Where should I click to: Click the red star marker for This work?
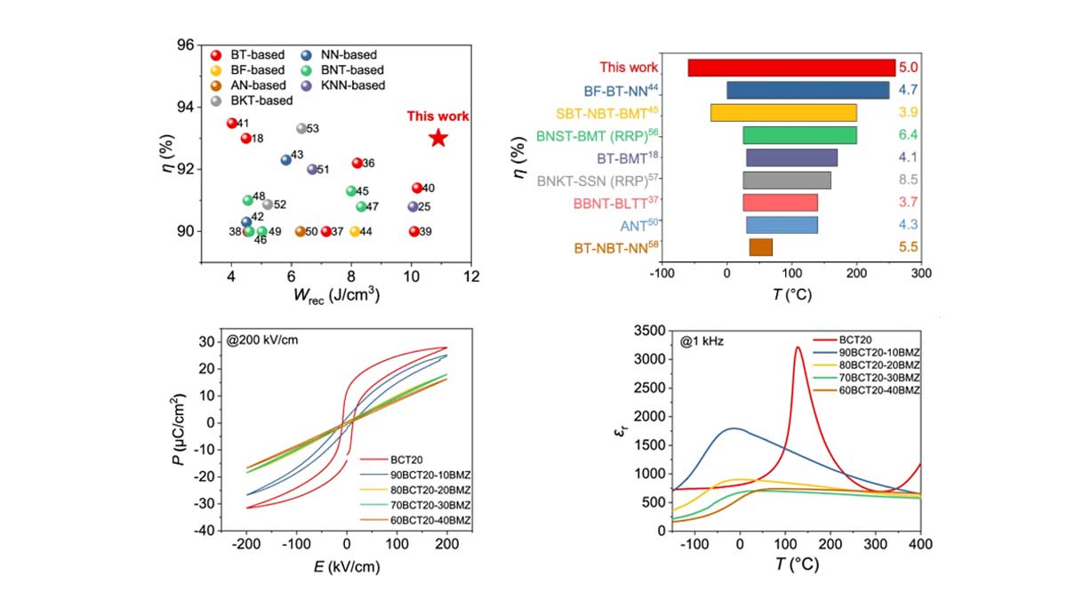click(437, 138)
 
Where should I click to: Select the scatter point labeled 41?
click(231, 124)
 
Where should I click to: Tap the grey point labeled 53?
click(301, 129)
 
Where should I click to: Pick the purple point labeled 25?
click(413, 206)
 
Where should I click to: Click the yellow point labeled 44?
click(355, 231)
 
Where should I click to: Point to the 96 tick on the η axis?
click(186, 44)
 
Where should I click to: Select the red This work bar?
click(791, 68)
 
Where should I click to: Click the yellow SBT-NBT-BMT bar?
click(782, 112)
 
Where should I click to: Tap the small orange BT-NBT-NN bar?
click(760, 247)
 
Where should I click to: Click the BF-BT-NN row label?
click(621, 90)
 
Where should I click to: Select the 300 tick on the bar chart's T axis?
click(921, 276)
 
